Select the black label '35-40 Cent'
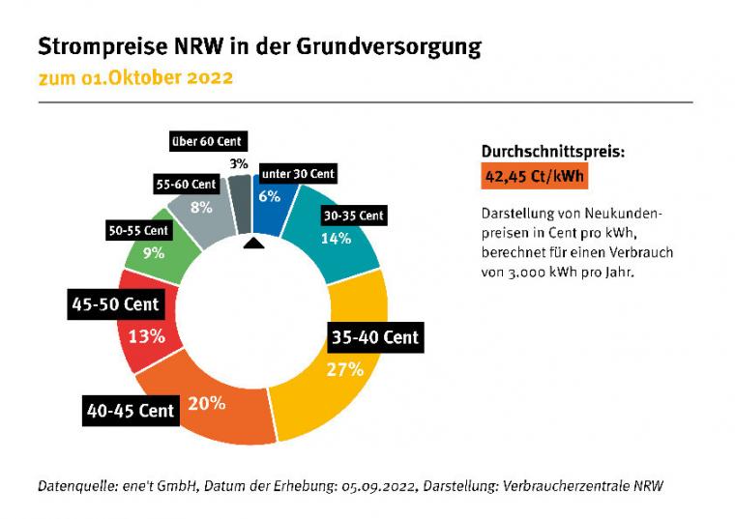tap(375, 337)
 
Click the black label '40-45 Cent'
tap(131, 411)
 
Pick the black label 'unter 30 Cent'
tap(299, 174)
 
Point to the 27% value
tap(345, 368)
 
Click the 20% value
tap(207, 403)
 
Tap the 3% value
tap(239, 163)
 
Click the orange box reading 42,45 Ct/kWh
tap(534, 177)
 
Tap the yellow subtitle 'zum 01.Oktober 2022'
tap(135, 77)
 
